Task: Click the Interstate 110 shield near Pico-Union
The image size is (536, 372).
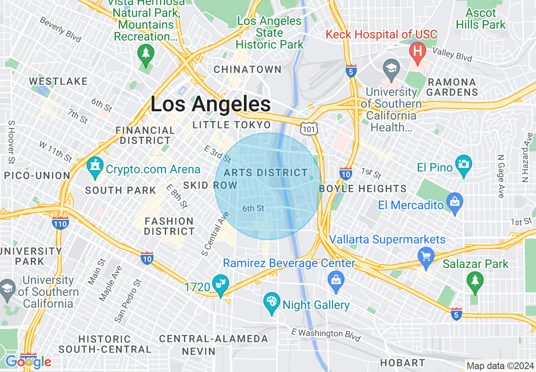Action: coord(61,223)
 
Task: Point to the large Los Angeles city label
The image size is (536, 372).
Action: coord(211,104)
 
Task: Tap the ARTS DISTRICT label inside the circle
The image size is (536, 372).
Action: coord(266,172)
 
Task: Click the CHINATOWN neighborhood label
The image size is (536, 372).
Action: coord(248,69)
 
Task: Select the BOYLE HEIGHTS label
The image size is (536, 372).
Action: coord(363,189)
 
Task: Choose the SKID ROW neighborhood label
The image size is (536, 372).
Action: coord(210,185)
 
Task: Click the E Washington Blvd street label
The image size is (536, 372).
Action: coord(326,334)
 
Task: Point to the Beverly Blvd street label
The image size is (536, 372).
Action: coord(60,29)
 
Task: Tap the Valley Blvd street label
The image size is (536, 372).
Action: coord(452,54)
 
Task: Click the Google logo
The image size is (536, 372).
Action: coord(28,361)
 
